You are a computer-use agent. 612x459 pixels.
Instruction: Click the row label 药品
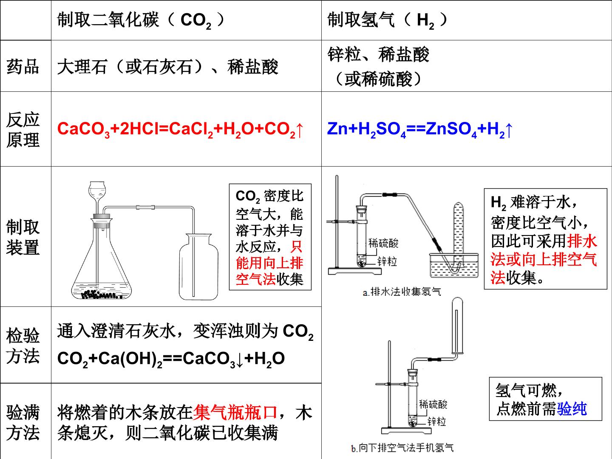click(23, 67)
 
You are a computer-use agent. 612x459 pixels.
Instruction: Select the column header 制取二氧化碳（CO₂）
click(141, 20)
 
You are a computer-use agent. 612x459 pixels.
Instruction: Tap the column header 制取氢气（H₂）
click(388, 20)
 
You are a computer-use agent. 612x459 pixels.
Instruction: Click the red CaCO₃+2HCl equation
click(180, 129)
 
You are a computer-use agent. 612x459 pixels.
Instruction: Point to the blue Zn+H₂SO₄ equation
click(420, 129)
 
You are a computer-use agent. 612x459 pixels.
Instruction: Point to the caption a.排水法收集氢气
click(402, 292)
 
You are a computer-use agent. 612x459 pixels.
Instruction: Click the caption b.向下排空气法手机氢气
click(402, 448)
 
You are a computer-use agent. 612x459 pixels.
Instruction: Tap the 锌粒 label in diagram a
click(387, 262)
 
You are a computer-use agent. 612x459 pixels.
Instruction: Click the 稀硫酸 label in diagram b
click(433, 404)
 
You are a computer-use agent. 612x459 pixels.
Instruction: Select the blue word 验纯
click(572, 409)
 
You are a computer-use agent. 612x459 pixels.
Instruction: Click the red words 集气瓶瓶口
click(235, 412)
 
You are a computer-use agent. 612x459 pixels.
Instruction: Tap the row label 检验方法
click(23, 346)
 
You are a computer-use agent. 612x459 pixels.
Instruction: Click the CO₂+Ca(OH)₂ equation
click(171, 359)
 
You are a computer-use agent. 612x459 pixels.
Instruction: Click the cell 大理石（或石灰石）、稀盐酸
click(167, 67)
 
